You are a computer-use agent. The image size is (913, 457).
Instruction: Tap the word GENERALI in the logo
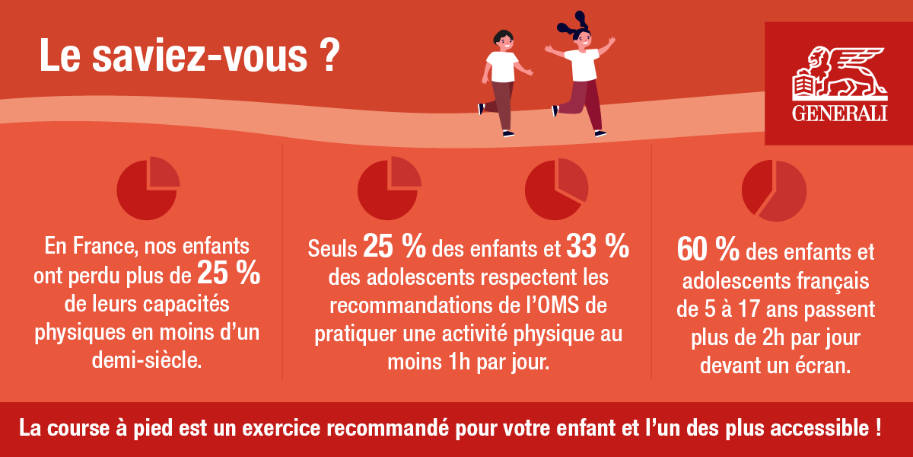pyautogui.click(x=840, y=113)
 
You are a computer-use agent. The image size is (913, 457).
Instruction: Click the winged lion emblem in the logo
pyautogui.click(x=840, y=73)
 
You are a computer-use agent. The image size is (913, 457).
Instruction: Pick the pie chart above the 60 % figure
pyautogui.click(x=774, y=190)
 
